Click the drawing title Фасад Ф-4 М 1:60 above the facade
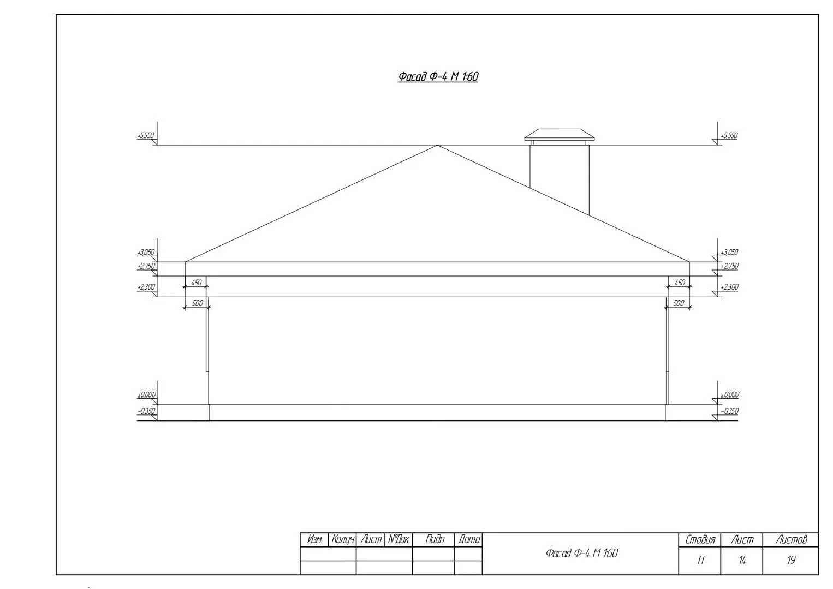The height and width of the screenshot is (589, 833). (438, 76)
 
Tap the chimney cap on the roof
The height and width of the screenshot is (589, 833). (560, 135)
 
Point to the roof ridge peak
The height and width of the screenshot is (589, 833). (437, 145)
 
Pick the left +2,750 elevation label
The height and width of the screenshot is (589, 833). (146, 266)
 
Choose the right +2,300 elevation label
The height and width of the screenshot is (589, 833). (729, 287)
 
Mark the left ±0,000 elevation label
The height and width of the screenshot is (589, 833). (146, 394)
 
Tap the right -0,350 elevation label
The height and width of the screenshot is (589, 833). (729, 411)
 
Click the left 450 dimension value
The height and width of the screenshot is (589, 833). (196, 283)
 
